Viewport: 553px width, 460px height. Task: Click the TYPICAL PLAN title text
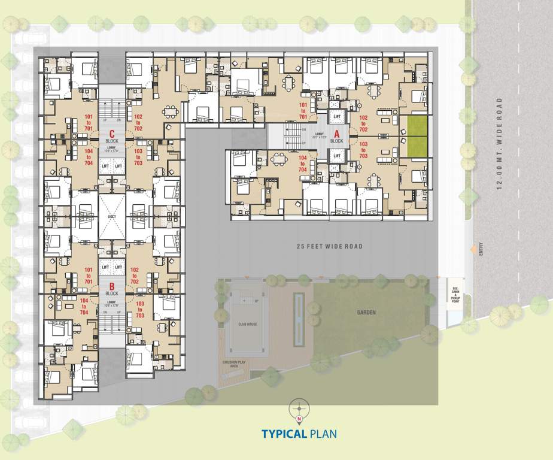point(299,434)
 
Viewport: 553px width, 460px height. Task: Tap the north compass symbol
point(298,408)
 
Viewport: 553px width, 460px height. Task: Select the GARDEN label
point(366,312)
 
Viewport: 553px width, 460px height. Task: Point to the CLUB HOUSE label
point(247,323)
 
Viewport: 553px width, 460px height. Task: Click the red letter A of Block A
point(336,134)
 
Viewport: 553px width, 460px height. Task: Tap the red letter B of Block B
point(111,286)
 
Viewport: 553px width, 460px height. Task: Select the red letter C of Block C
point(111,126)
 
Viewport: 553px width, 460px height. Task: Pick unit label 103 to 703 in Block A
point(364,149)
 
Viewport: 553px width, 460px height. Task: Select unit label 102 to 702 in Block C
point(138,121)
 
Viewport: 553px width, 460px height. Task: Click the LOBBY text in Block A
point(320,134)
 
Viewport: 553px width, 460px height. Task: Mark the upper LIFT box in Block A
point(337,116)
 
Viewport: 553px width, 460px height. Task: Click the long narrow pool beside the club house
point(298,319)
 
